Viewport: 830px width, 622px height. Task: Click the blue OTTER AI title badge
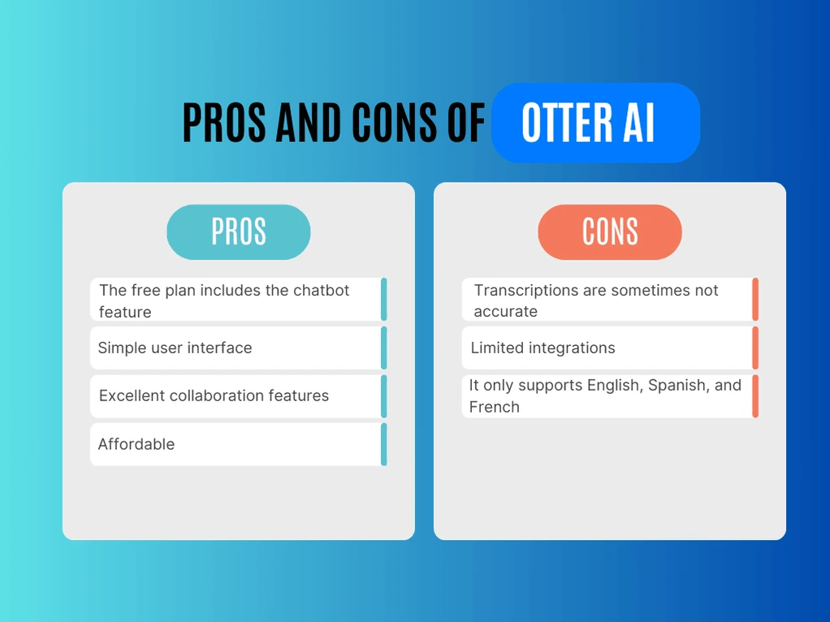tap(595, 123)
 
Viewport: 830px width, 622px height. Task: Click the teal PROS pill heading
tap(239, 232)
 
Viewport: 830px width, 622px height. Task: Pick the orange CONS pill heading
tap(610, 232)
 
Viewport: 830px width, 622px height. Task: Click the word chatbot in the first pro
tap(321, 291)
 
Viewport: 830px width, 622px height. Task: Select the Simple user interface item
tap(175, 348)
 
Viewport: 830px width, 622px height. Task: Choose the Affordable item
tap(136, 444)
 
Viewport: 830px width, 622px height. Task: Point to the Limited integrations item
tap(543, 348)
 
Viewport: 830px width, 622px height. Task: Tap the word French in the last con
tap(494, 407)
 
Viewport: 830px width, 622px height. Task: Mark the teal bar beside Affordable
tap(383, 444)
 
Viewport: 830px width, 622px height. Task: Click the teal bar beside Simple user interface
tap(383, 348)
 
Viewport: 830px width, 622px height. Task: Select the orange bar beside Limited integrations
tap(755, 348)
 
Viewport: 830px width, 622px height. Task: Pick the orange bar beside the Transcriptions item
tap(755, 300)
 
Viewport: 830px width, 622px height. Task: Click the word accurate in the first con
tap(506, 312)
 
